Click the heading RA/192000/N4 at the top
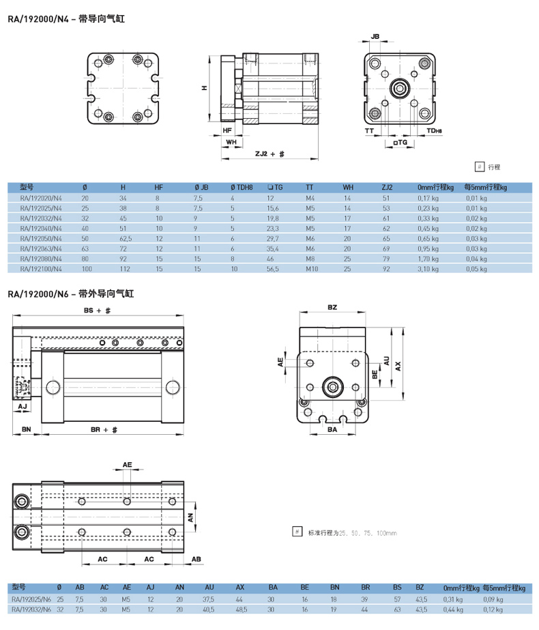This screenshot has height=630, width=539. point(38,19)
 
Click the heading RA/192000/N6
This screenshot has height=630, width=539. point(38,294)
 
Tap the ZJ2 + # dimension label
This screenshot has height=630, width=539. point(270,154)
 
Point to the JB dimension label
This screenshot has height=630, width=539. point(375,37)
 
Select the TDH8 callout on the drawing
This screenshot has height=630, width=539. point(434,130)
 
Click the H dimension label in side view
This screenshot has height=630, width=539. point(205,87)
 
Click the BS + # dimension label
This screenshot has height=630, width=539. point(97,311)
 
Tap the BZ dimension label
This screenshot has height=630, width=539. point(332,307)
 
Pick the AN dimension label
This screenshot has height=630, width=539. point(190,517)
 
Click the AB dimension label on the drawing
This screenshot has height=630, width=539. point(196,559)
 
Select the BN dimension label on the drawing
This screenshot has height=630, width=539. point(26,429)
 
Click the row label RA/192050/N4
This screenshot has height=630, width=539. point(41,239)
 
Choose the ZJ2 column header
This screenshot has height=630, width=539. point(387,187)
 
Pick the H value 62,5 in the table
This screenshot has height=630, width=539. point(126,239)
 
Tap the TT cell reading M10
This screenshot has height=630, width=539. point(312,269)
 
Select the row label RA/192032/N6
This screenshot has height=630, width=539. point(31,610)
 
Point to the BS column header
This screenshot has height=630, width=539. point(397,588)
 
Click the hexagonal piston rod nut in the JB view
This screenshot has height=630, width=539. point(400,89)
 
